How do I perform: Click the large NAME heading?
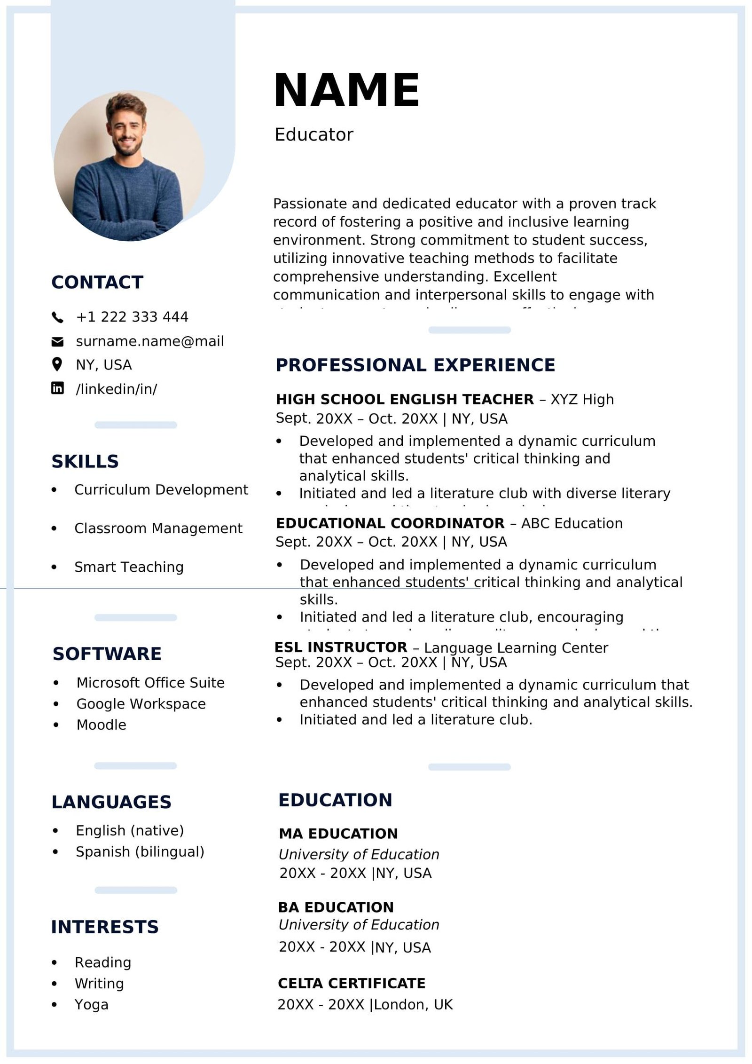346,90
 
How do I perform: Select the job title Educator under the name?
313,135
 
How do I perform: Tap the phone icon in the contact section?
57,317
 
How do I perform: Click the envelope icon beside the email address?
57,342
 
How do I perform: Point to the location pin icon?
57,364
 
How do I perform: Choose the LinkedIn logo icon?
57,388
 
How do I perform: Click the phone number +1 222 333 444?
132,317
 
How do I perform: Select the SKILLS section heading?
85,461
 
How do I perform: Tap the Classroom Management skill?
158,528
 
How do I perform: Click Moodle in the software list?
101,725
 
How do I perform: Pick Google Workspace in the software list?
141,703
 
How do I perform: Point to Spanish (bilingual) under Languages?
140,851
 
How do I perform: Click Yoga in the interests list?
91,1004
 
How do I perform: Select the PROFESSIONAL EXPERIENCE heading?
415,365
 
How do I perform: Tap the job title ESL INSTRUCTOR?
341,647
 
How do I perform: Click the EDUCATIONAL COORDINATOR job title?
390,523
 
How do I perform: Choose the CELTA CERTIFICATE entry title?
352,983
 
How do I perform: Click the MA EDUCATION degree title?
338,834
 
